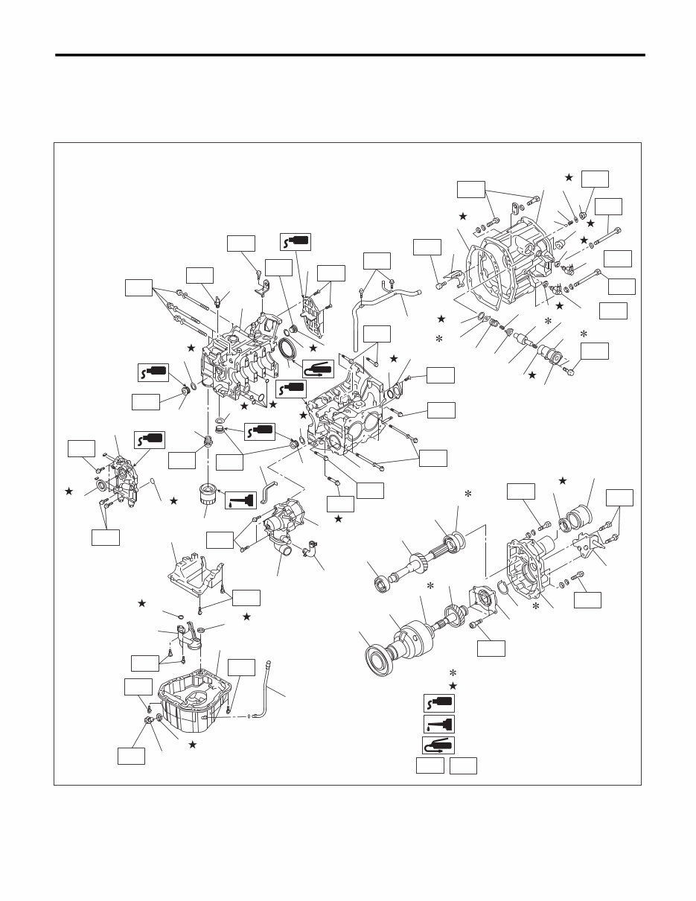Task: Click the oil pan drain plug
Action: [x=149, y=720]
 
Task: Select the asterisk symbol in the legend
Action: [x=453, y=673]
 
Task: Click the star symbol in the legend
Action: [x=453, y=686]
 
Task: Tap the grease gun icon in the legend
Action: [x=438, y=744]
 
